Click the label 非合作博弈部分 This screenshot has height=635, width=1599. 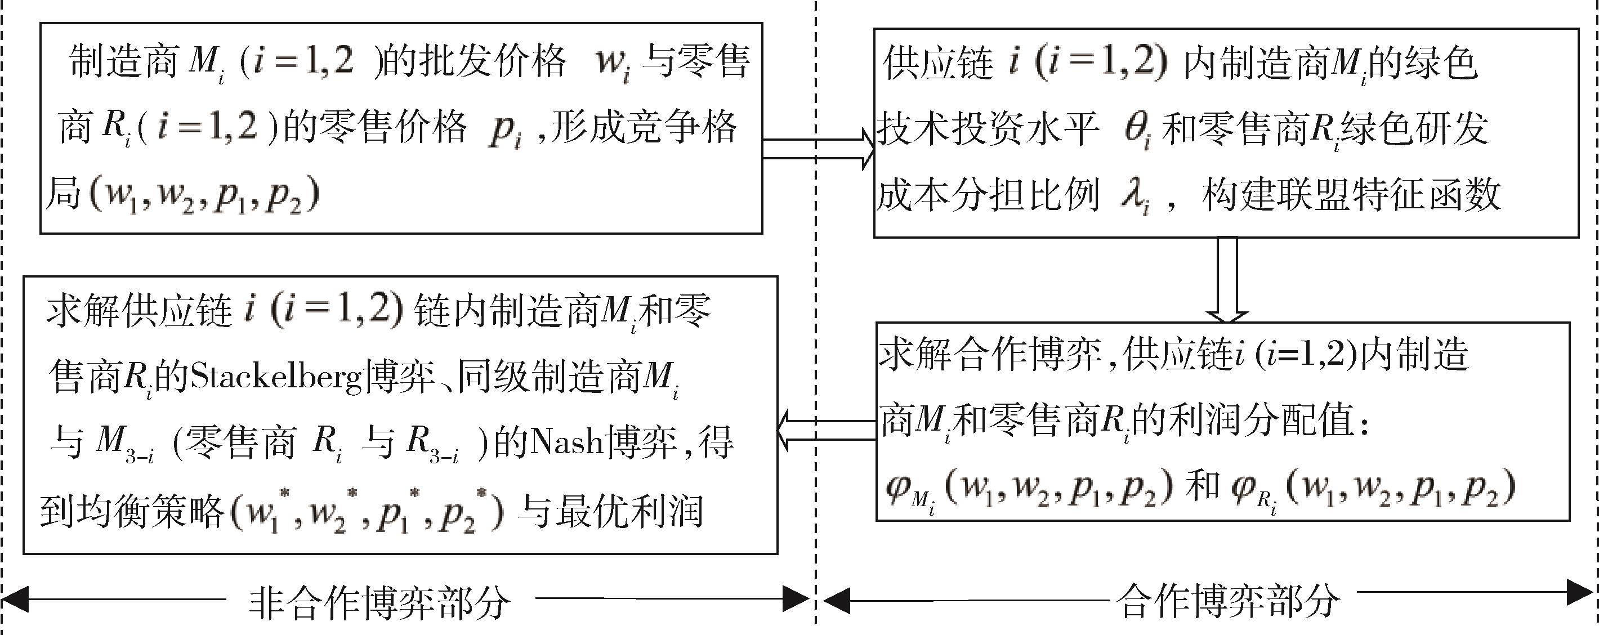pos(379,603)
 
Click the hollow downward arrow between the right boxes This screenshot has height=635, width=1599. pos(1227,279)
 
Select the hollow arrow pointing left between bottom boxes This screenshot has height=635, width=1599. pos(825,430)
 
